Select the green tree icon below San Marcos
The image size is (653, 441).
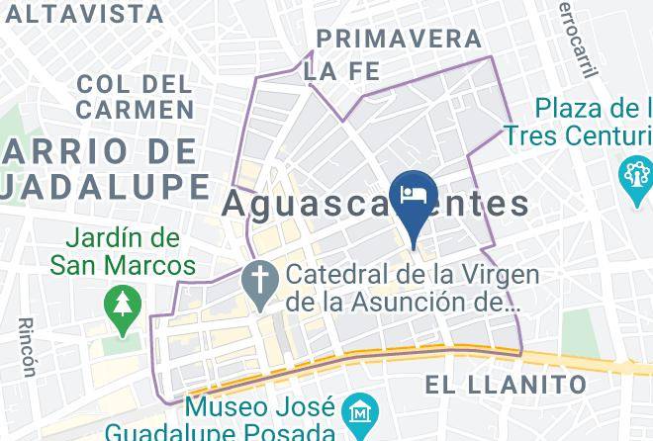pyautogui.click(x=123, y=303)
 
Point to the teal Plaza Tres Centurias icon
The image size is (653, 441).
pyautogui.click(x=634, y=177)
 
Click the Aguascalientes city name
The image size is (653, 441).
pyautogui.click(x=376, y=205)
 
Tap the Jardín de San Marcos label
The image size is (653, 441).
pyautogui.click(x=125, y=252)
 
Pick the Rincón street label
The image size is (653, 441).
pyautogui.click(x=27, y=347)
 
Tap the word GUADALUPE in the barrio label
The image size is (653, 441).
pyautogui.click(x=104, y=186)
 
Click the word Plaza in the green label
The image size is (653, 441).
pyautogui.click(x=575, y=108)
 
